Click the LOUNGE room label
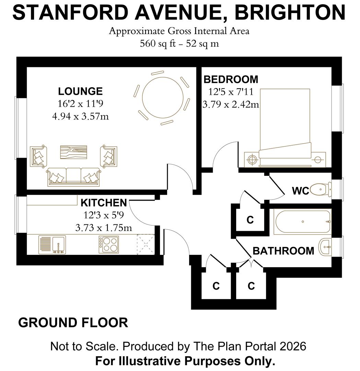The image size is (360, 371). point(80,91)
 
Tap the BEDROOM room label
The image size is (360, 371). point(231,79)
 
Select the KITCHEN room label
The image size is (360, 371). point(104,203)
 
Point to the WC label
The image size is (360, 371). point(300,191)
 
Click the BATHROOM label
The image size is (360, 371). point(283,251)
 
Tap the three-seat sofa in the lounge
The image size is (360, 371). point(73,177)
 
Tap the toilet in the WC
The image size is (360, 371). point(321,189)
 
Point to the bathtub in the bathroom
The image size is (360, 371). point(302,222)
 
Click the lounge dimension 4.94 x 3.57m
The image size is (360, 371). point(80,116)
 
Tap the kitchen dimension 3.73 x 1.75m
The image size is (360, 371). point(104,227)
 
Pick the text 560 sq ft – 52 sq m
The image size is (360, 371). point(179,44)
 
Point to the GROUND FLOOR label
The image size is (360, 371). point(73,323)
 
